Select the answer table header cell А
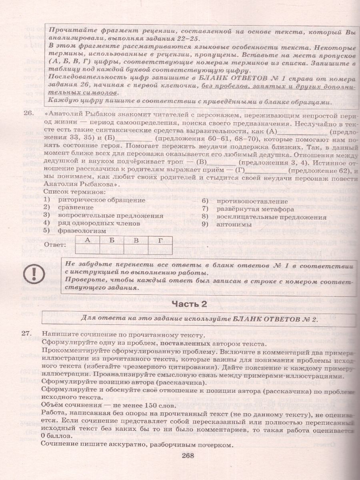tap(87, 240)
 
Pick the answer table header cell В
tap(136, 240)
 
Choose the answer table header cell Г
tap(160, 240)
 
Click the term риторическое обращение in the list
tap(101, 200)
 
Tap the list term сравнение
tap(76, 208)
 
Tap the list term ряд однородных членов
tap(99, 223)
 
